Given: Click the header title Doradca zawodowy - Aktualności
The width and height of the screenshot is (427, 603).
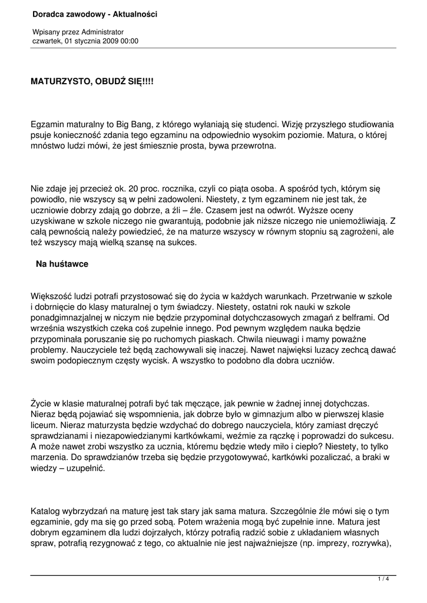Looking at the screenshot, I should (x=95, y=14).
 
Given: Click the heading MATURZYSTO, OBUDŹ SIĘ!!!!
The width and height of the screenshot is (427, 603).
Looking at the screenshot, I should (x=92, y=83).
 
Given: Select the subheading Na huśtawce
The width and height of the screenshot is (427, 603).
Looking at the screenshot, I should (x=62, y=264).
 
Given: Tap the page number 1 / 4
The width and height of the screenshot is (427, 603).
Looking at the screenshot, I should (x=383, y=579).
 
